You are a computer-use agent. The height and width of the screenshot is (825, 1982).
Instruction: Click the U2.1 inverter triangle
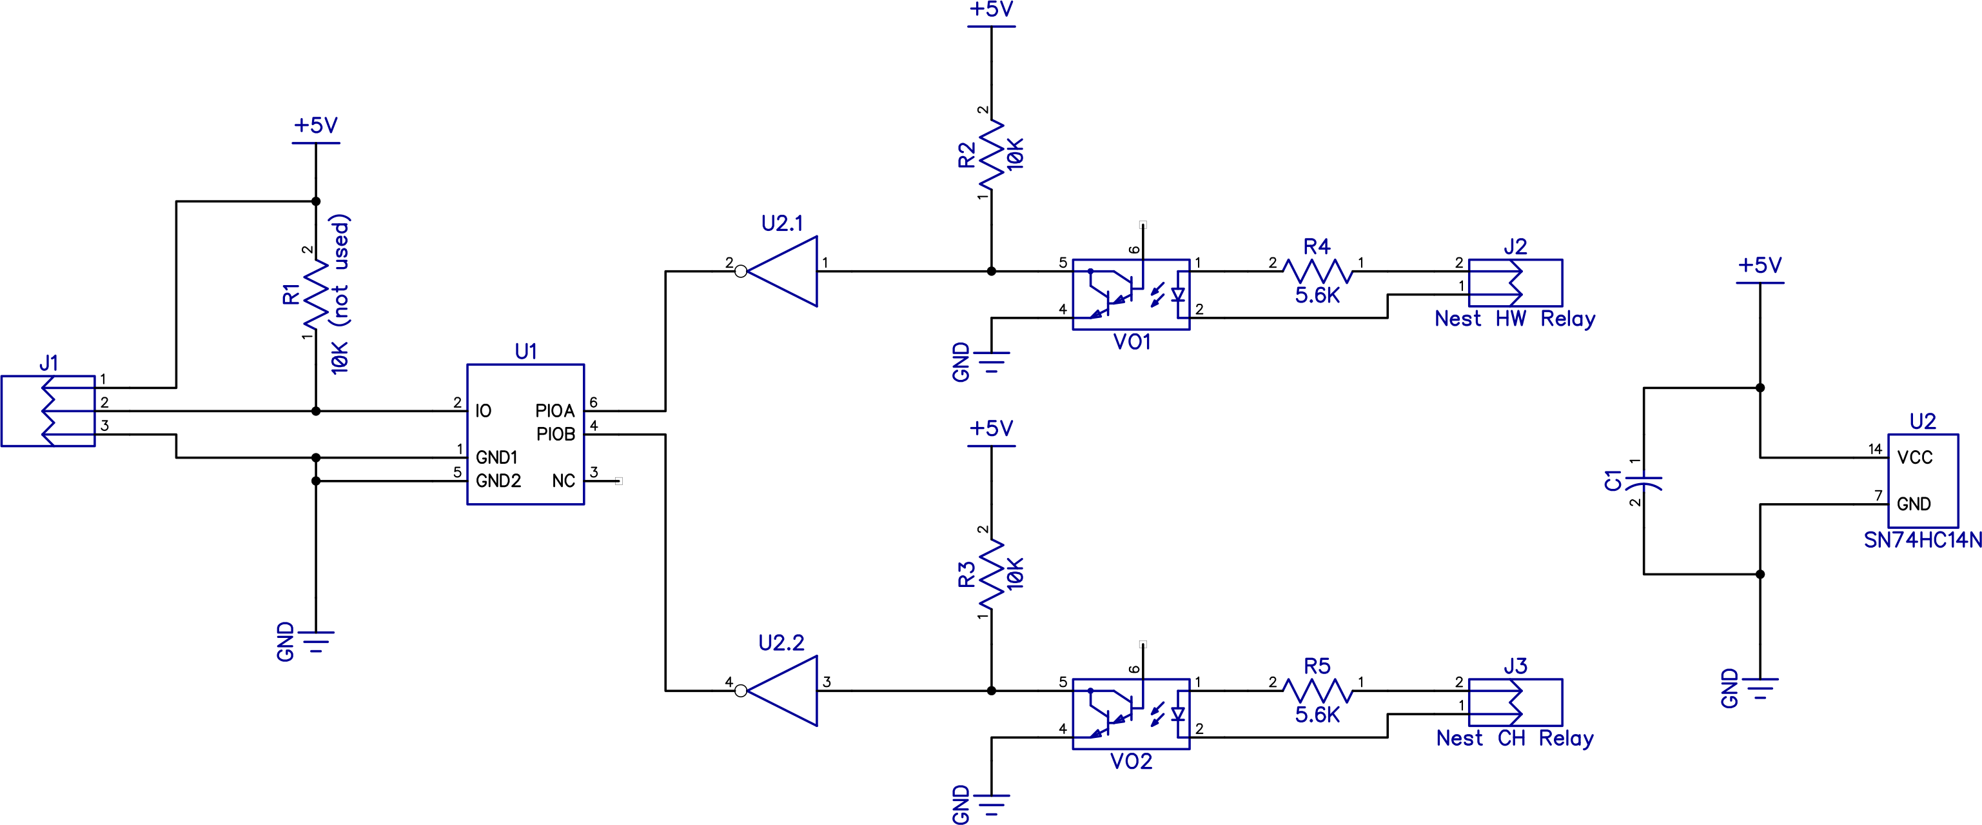point(785,271)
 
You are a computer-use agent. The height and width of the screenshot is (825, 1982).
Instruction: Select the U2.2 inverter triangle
point(785,690)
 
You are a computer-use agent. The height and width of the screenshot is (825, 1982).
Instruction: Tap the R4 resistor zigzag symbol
point(1317,271)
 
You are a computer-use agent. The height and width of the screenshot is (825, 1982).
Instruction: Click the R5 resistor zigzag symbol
point(1317,690)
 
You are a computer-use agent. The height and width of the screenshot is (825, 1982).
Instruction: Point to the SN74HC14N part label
point(1922,541)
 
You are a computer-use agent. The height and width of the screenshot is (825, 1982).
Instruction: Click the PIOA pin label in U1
point(554,411)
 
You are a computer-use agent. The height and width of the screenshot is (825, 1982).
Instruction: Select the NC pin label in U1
point(564,481)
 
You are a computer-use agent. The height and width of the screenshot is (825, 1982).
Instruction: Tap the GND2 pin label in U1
point(498,481)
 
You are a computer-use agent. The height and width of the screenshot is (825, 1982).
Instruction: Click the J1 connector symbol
point(48,411)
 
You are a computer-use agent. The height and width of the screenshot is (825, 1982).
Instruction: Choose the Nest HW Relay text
point(1514,319)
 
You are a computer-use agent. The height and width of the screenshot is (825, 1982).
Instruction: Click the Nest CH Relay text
point(1514,738)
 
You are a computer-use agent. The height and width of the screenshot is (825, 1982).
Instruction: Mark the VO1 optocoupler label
point(1132,343)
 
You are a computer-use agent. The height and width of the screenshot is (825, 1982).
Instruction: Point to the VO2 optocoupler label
point(1131,762)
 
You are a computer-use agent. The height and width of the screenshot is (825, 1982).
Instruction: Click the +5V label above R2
point(991,10)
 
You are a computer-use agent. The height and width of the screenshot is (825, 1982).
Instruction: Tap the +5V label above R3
point(991,429)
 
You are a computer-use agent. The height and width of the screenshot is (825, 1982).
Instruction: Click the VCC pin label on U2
point(1914,458)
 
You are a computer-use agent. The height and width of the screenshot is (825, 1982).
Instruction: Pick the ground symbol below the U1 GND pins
point(315,641)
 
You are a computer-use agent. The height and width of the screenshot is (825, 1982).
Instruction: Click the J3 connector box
point(1515,702)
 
